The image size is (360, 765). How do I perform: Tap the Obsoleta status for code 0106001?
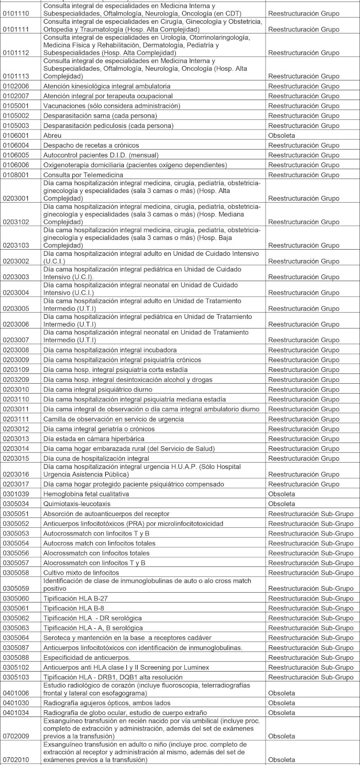(x=282, y=136)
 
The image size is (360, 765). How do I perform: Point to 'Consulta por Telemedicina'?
(x=84, y=175)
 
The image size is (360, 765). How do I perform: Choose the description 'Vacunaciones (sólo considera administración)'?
(x=111, y=106)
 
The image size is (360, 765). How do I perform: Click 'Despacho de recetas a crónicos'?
(x=91, y=145)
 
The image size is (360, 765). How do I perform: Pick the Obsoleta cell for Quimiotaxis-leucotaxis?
(x=282, y=503)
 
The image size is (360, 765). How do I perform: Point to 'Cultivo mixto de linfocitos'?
(x=81, y=573)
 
